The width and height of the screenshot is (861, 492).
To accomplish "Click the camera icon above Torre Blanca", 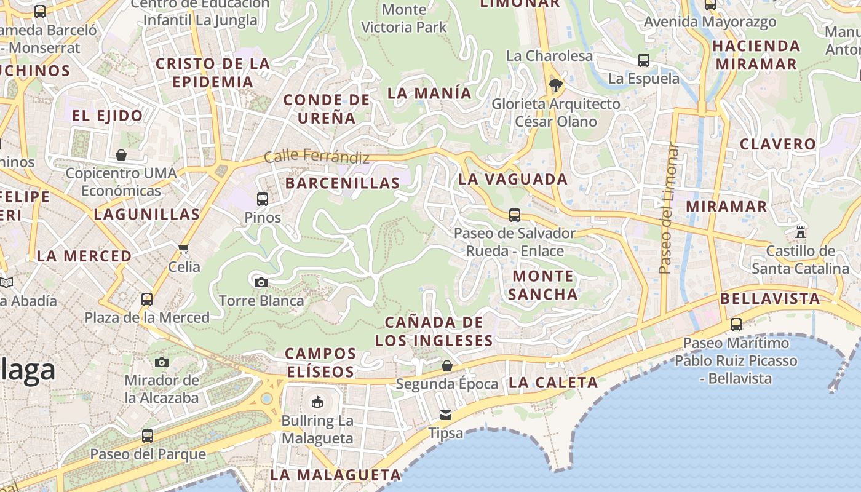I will click(261, 282).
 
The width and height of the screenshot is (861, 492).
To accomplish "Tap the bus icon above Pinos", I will click(263, 199).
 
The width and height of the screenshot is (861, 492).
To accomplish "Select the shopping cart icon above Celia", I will click(183, 248).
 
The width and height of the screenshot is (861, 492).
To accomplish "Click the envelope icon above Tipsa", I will click(446, 415).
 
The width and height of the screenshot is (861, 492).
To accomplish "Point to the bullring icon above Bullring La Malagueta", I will click(317, 402).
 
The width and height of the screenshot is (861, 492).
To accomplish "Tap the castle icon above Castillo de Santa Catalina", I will click(800, 232).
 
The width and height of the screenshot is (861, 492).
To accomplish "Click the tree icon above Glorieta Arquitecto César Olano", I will click(556, 85).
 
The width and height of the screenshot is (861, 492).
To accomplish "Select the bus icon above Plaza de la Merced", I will click(147, 300).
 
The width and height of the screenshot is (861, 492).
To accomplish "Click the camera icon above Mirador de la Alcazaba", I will click(162, 362).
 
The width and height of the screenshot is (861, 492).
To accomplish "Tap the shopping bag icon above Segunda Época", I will click(447, 366).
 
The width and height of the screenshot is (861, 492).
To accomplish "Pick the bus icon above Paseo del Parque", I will click(147, 436).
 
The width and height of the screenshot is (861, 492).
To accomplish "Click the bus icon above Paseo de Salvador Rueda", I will click(515, 215).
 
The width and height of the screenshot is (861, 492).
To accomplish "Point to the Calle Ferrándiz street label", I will click(317, 157).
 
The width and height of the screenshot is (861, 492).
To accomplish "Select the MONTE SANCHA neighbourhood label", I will click(543, 285).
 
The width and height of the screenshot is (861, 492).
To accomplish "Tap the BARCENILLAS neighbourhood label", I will click(343, 183).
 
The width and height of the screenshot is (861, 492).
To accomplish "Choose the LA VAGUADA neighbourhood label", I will click(512, 179).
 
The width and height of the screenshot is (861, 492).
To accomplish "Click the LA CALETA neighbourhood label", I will click(553, 383).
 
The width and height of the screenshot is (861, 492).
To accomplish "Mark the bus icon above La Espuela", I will click(644, 60).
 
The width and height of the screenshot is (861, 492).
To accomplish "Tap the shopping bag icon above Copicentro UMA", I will click(121, 155).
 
